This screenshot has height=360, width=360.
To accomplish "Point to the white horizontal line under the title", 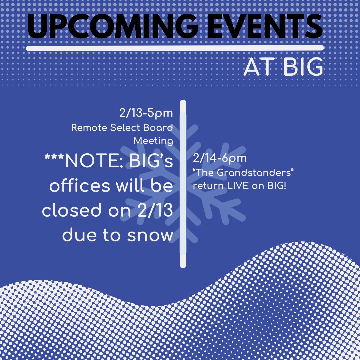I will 175,48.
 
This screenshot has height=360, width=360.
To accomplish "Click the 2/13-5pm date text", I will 146,113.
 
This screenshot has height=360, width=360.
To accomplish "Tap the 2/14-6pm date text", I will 220,158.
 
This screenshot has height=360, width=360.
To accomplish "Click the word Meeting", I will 153,141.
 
